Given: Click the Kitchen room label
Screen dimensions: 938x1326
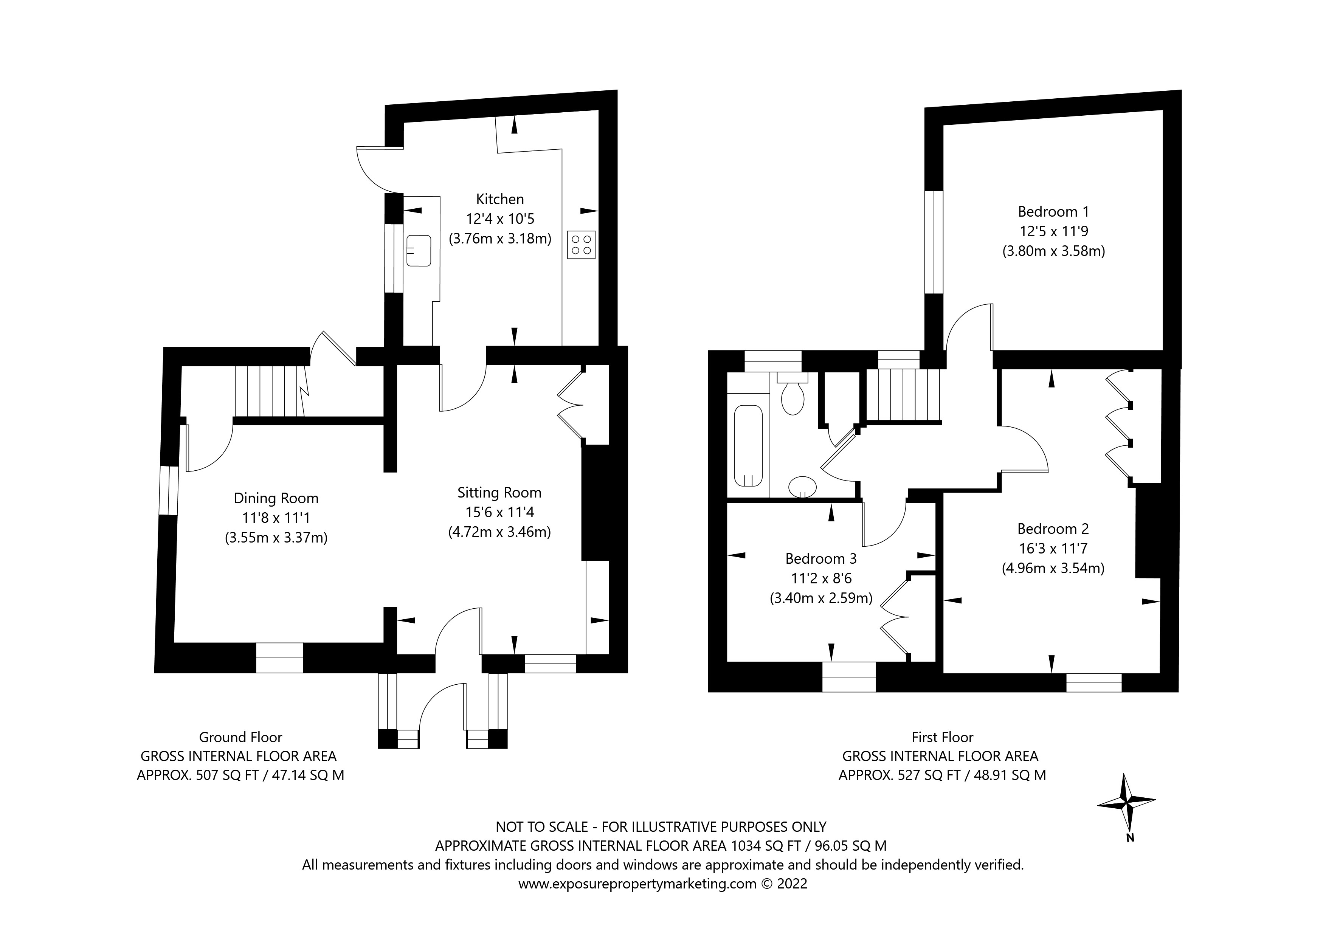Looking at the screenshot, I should coord(499,199).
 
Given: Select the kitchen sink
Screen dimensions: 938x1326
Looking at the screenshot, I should coord(419,250).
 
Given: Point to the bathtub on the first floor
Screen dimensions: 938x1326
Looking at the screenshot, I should coord(748,445).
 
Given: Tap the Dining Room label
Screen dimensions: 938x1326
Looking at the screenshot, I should coord(276,498).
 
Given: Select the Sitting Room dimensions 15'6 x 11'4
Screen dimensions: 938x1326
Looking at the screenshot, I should coord(499,512).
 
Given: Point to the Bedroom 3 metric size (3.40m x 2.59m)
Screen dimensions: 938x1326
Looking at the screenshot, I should coord(820,598).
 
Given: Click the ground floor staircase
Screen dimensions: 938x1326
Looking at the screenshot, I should coord(269,391).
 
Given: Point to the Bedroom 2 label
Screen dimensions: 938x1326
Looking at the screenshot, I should coord(1053,529).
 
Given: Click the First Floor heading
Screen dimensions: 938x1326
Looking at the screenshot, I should coord(942,738).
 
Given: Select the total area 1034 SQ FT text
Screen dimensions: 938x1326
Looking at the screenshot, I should coord(766,846).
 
